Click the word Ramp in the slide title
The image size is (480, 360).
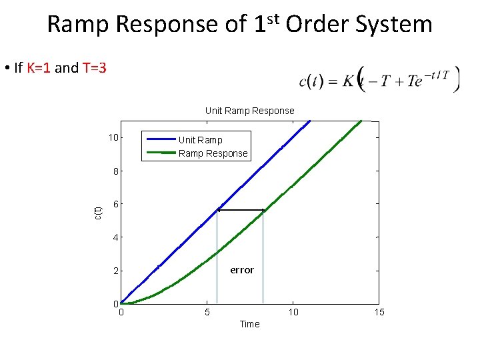pyautogui.click(x=79, y=25)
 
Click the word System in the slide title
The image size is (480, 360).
pyautogui.click(x=395, y=25)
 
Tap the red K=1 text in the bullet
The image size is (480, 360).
pyautogui.click(x=39, y=68)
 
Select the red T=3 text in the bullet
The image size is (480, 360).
pyautogui.click(x=94, y=68)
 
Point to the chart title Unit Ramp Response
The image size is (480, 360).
pyautogui.click(x=249, y=111)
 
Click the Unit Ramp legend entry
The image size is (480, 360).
pyautogui.click(x=200, y=140)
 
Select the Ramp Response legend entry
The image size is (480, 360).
pyautogui.click(x=213, y=153)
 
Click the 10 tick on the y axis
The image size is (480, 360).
pyautogui.click(x=114, y=138)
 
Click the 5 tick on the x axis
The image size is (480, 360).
pyautogui.click(x=207, y=313)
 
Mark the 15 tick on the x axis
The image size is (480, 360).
pyautogui.click(x=379, y=313)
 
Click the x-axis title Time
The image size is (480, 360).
pyautogui.click(x=249, y=324)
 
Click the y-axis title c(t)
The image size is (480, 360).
pyautogui.click(x=98, y=212)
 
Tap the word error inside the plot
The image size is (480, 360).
pyautogui.click(x=241, y=270)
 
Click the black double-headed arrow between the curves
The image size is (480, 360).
pyautogui.click(x=240, y=211)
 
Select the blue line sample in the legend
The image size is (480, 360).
pyautogui.click(x=161, y=139)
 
